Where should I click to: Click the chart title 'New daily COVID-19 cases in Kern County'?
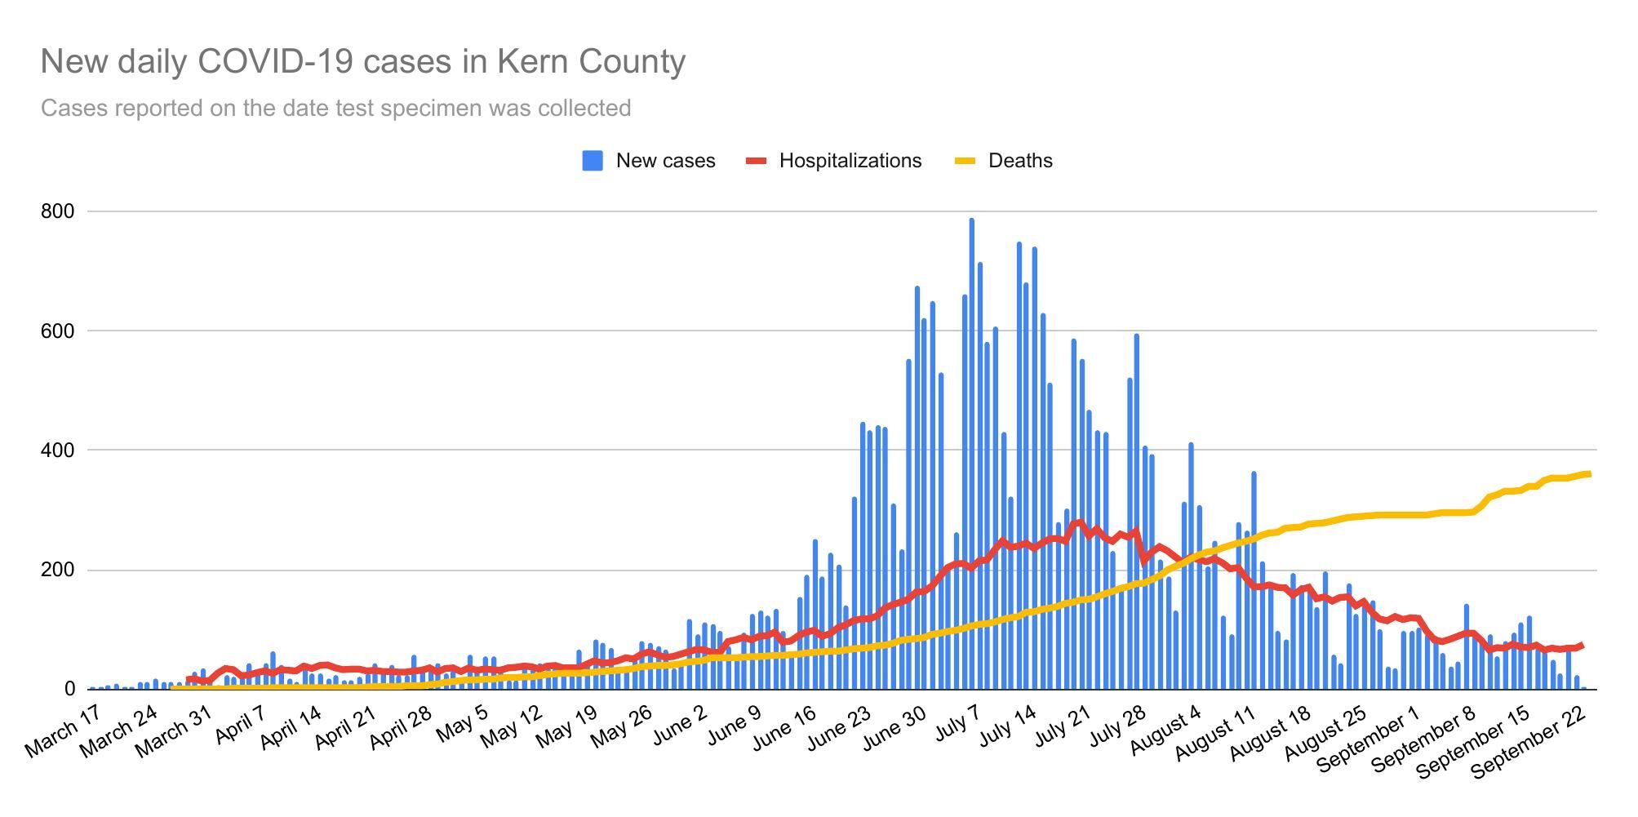click(x=363, y=62)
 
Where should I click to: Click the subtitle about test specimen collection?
click(x=335, y=109)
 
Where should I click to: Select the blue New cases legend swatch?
click(x=593, y=161)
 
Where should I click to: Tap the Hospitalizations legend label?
click(x=850, y=161)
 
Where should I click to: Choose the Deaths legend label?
click(x=1020, y=161)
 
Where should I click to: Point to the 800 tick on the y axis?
click(x=57, y=211)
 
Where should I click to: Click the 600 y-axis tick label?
click(x=57, y=331)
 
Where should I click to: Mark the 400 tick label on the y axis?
click(x=57, y=451)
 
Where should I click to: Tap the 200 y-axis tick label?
click(x=57, y=570)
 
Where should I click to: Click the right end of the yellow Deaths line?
click(x=1587, y=473)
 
